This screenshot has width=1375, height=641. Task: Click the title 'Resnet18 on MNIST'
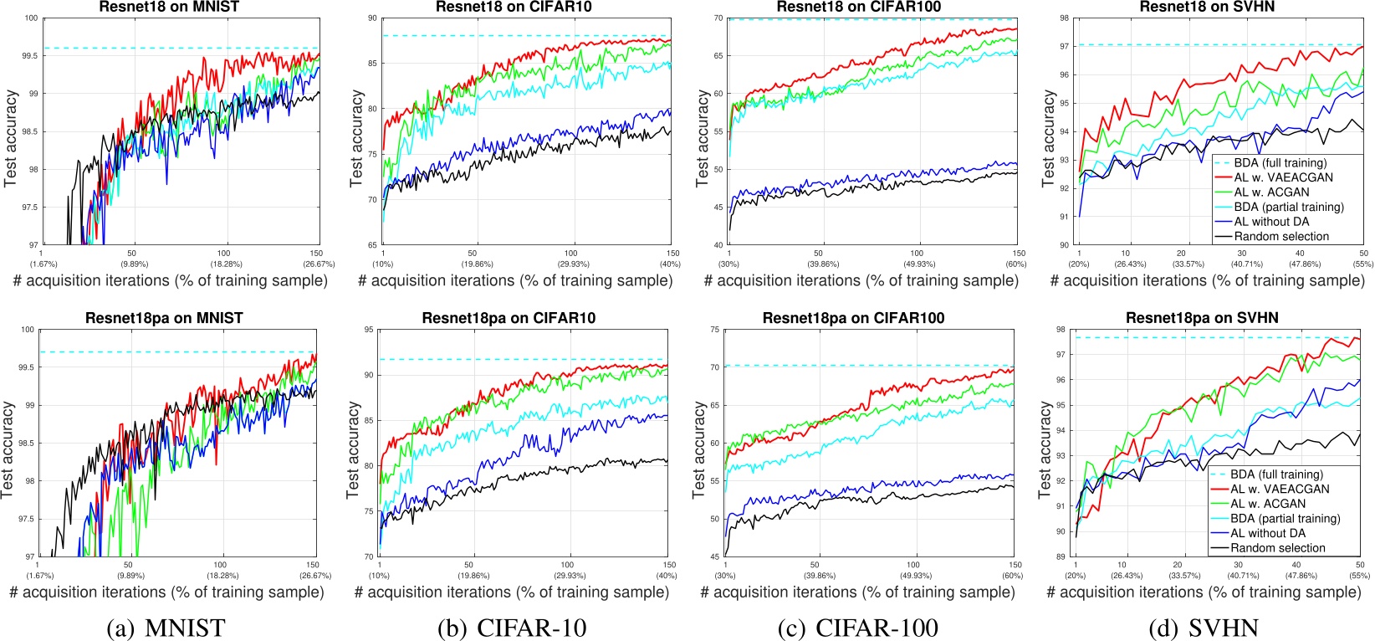click(x=170, y=8)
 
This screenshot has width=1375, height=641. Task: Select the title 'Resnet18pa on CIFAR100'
click(x=853, y=318)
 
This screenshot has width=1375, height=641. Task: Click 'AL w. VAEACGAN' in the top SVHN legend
click(x=1284, y=177)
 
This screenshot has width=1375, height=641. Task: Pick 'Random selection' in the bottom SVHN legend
click(x=1278, y=548)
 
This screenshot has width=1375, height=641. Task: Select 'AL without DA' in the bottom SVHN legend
click(x=1268, y=533)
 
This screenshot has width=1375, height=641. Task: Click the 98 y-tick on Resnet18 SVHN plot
click(x=1063, y=18)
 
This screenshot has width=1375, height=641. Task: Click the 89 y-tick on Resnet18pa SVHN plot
click(x=1061, y=556)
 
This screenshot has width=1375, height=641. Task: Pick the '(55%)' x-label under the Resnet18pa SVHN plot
click(x=1359, y=576)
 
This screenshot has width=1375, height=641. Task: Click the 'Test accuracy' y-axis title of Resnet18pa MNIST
click(x=9, y=450)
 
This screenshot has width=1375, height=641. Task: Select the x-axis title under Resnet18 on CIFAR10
click(x=515, y=280)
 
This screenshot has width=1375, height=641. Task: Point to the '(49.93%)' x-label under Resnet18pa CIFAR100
click(x=913, y=576)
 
